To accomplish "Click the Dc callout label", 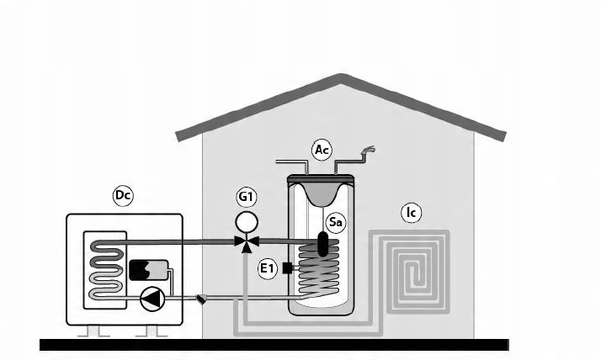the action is coord(123,196).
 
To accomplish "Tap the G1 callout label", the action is coord(246,197).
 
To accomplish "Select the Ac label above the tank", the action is coord(322,150).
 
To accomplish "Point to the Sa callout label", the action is coord(335,222).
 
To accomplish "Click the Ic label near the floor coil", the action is coord(411,213).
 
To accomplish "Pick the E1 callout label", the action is coord(267,268).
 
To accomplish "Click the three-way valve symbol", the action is coord(247,243).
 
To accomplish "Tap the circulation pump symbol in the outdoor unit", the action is coord(152,299).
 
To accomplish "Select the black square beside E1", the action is coord(287,268).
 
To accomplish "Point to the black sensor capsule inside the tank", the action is coord(322,244).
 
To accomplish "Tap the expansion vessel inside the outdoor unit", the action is coord(148,270).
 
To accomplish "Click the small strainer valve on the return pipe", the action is coord(200,299).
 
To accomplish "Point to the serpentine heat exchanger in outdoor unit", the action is coord(106,270).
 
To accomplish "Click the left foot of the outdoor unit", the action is coord(93,331).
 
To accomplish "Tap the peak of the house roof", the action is coord(340,77).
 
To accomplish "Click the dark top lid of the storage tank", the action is coord(321,178).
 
